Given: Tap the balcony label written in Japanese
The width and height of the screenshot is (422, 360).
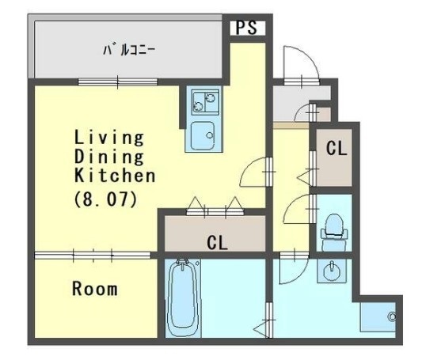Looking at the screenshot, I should [127, 49].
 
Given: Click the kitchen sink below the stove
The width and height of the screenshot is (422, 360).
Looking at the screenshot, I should [204, 135].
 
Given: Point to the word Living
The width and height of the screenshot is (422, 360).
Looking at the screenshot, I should [109, 138].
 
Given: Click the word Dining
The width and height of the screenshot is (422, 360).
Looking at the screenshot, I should [109, 156].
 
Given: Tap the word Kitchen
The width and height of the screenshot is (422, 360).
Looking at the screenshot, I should [116, 175].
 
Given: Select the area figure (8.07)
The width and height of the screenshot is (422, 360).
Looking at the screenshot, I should [106, 199].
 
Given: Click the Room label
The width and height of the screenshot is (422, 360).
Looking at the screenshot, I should [95, 289].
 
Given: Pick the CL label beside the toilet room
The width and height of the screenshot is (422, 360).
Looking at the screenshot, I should [336, 148].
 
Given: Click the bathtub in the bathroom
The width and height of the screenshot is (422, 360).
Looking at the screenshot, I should [186, 297].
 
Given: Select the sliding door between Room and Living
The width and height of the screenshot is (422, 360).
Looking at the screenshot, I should [93, 255].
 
